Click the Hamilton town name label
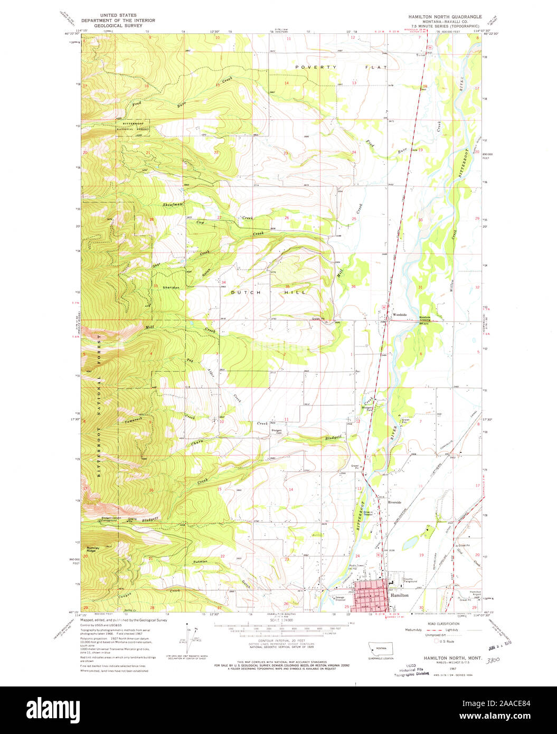[x=400, y=595]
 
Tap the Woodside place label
[x=399, y=315]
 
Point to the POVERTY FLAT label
[x=341, y=67]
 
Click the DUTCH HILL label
[x=269, y=291]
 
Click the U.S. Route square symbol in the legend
[x=436, y=641]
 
